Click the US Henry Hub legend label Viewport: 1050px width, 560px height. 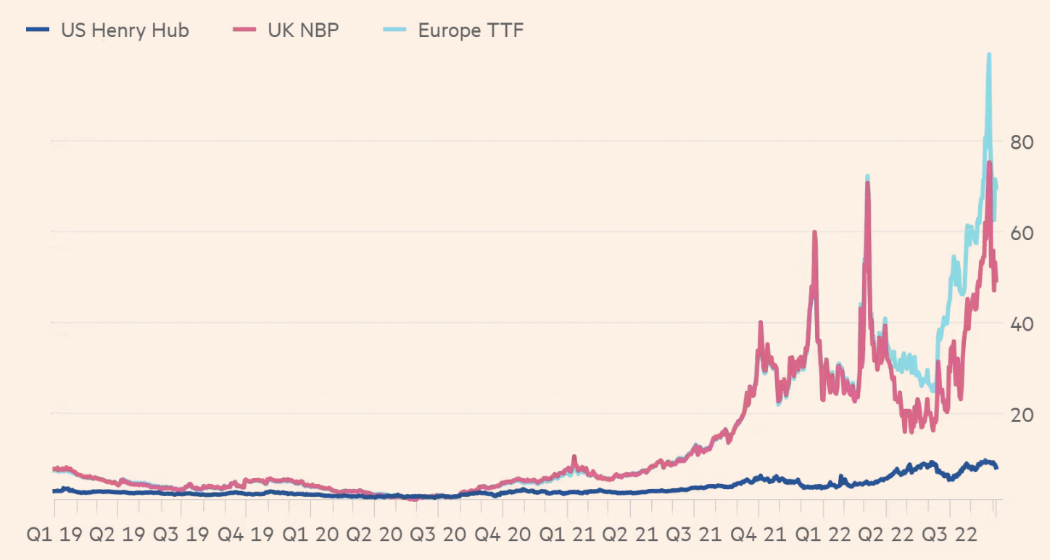point(125,30)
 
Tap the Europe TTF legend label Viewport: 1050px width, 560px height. point(471,30)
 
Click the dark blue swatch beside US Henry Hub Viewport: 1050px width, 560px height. point(38,30)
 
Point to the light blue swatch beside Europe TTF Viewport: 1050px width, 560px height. point(395,30)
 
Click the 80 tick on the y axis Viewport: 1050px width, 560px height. point(1022,142)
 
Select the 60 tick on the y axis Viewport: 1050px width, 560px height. point(1022,233)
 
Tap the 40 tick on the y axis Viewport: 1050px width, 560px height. point(1022,324)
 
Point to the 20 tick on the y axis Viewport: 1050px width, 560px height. point(1022,414)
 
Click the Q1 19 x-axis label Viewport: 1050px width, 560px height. point(55,535)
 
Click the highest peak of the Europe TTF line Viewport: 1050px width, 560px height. point(988,55)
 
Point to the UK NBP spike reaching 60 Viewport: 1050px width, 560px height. point(814,233)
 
